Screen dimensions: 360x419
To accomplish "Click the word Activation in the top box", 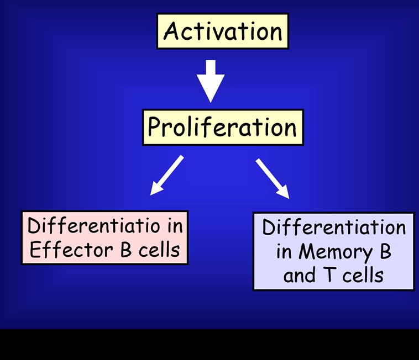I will click(x=222, y=31).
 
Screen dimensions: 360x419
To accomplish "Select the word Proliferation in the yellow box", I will click(x=222, y=128).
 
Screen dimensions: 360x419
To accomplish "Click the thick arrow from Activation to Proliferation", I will click(x=211, y=80).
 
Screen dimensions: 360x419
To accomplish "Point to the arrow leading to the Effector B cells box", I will click(x=166, y=174).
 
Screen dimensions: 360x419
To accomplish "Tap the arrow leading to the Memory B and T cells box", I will click(x=272, y=177).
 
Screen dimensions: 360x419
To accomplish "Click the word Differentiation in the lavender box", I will click(x=334, y=228).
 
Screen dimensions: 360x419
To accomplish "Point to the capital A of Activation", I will click(x=171, y=31).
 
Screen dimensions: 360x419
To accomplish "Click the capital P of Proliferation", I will click(x=155, y=128).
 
